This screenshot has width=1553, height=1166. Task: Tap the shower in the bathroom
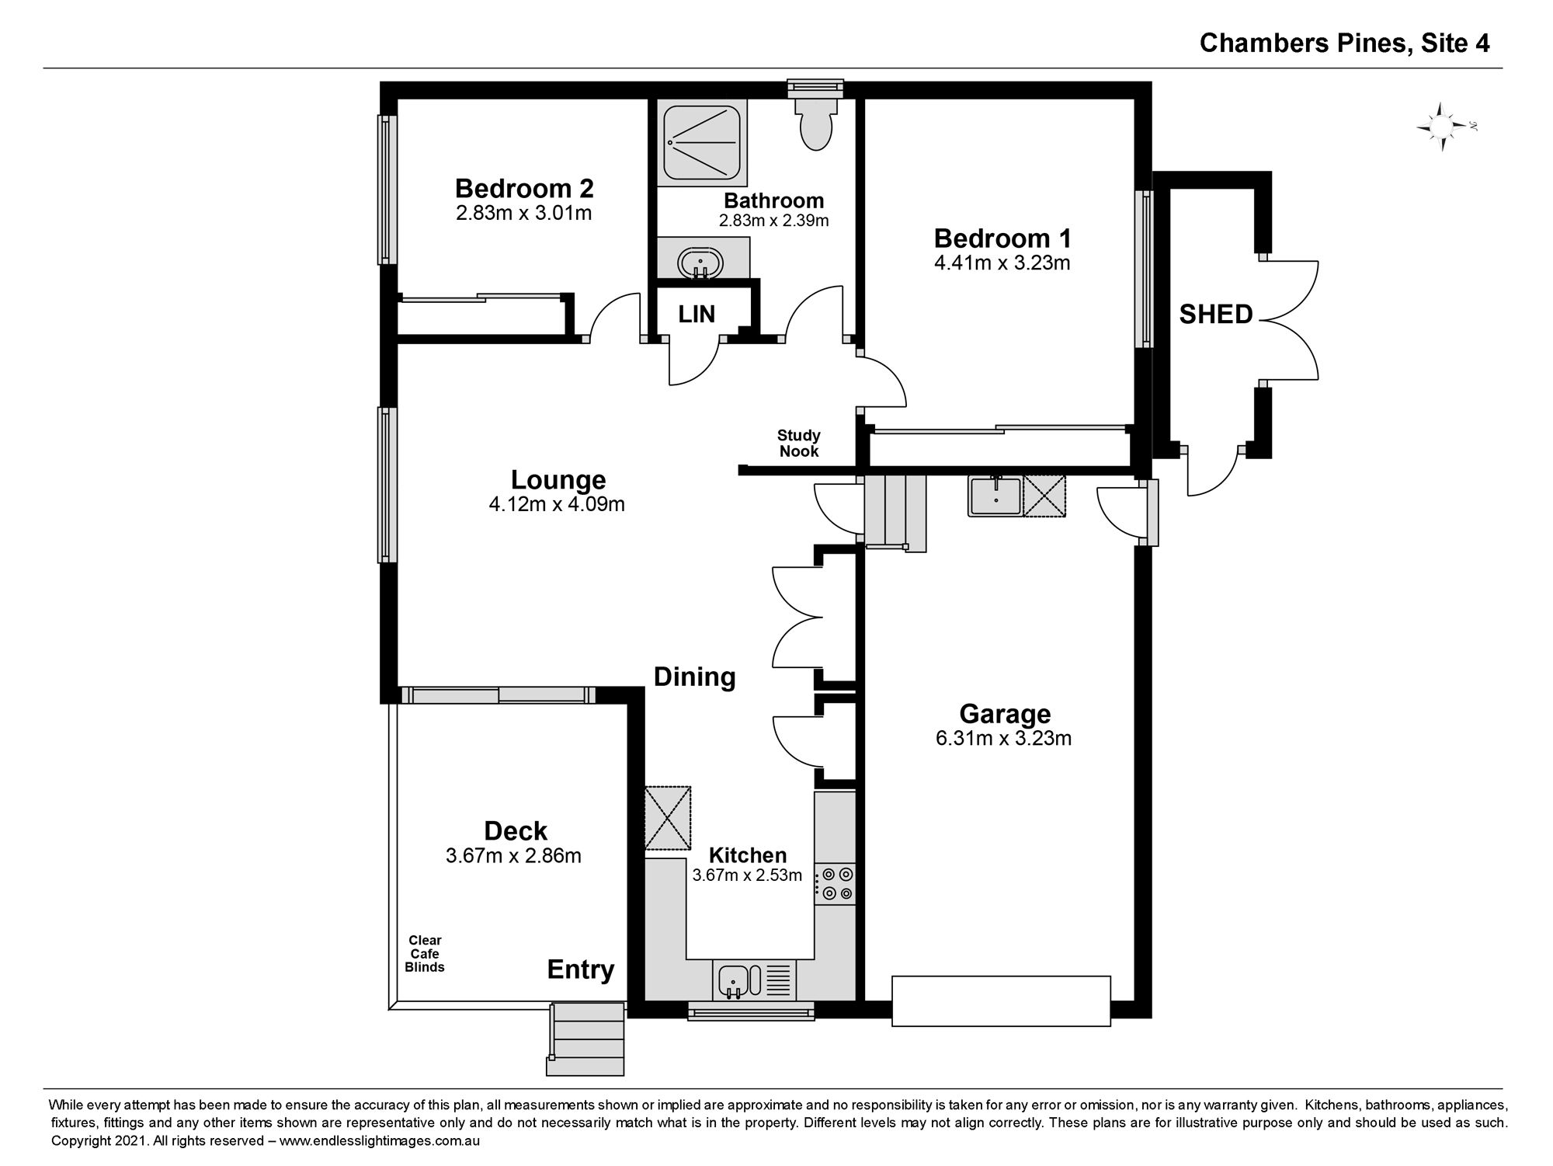tap(702, 142)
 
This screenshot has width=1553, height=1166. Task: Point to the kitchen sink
tap(733, 980)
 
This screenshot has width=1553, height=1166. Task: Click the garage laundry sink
tap(995, 496)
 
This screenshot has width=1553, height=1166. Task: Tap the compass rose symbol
tap(1443, 127)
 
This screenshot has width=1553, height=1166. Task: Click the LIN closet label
tap(697, 314)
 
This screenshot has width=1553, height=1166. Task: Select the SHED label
tap(1216, 314)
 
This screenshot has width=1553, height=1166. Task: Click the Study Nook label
tap(799, 444)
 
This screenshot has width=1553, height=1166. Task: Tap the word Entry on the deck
tap(581, 970)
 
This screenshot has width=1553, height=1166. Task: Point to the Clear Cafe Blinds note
tap(425, 954)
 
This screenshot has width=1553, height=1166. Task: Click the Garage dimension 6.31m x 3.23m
tap(1004, 738)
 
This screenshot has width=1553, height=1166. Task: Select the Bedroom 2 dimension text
tap(524, 213)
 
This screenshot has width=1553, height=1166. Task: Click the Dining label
tap(695, 677)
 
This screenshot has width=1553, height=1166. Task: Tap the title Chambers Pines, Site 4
tap(1345, 43)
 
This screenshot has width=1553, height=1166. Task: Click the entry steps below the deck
tap(585, 1039)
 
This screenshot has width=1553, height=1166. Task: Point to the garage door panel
tap(1001, 1001)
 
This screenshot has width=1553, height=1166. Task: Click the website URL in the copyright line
tap(380, 1141)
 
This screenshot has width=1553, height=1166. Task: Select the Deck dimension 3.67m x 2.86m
tap(513, 856)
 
